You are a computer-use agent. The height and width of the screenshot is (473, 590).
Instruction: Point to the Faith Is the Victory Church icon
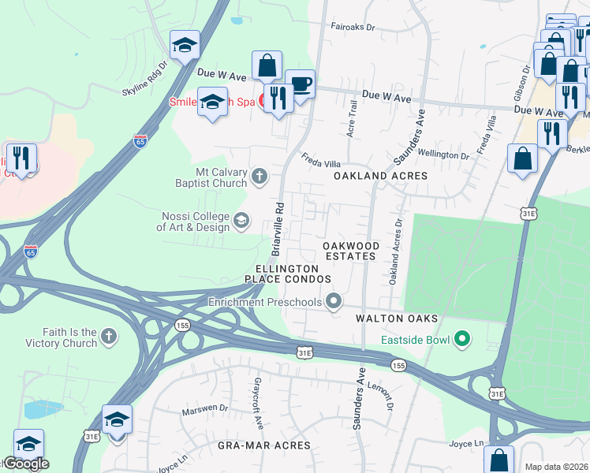point(109,337)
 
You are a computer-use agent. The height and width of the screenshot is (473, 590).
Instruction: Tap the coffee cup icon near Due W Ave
point(300,84)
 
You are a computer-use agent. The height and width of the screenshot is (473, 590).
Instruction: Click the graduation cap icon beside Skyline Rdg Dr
point(185,46)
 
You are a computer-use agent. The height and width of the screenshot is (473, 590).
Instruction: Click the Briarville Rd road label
point(278,229)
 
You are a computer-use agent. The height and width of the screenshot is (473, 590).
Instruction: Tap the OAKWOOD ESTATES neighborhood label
point(351,251)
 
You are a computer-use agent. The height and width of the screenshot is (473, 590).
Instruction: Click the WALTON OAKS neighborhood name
point(396,318)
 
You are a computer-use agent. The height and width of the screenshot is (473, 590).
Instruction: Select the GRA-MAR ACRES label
point(266,445)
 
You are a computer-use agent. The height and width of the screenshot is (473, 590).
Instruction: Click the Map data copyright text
point(557,467)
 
